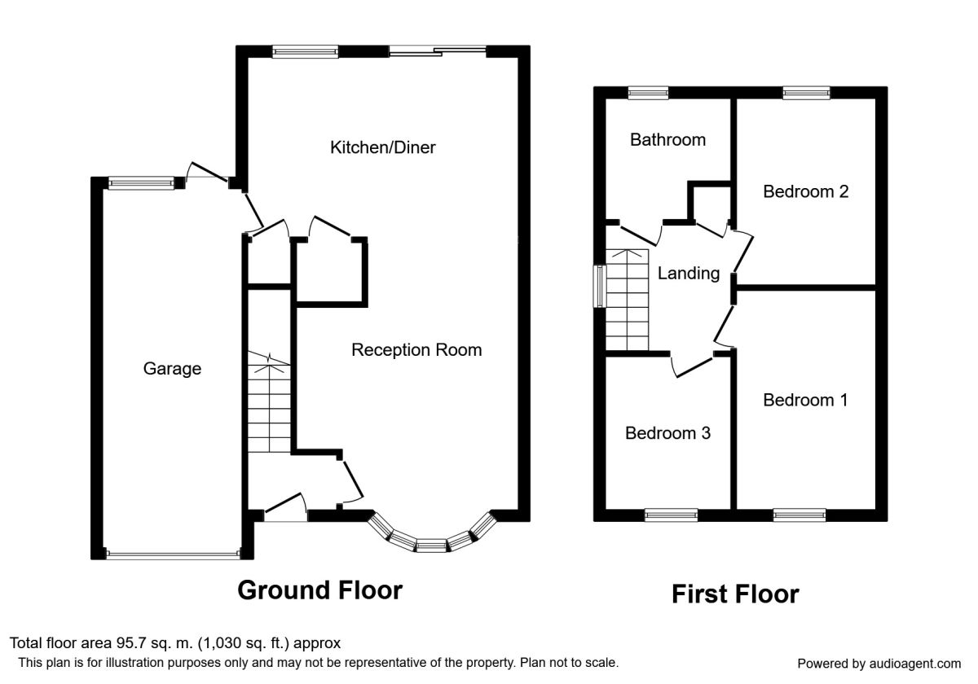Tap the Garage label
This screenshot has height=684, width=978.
coord(172,369)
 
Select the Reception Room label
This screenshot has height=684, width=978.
coord(416,350)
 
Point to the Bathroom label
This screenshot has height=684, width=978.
coord(667,140)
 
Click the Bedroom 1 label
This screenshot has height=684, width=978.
coord(805,401)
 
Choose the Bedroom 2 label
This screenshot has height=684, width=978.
coord(805,192)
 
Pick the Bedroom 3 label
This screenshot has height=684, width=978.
coord(667,433)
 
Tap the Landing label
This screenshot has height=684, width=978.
coord(689,274)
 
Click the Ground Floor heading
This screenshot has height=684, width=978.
coord(319,590)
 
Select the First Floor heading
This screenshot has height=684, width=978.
coord(735,594)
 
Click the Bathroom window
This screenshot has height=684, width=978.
coord(648,93)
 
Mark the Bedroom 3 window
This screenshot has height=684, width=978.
coord(671,515)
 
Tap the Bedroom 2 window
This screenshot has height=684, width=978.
coord(806,93)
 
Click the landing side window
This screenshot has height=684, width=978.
coord(599,286)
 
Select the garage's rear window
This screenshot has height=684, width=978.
coord(142,183)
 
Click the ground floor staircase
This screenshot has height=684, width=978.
coord(268,407)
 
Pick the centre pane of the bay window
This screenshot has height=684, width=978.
coord(431,544)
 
